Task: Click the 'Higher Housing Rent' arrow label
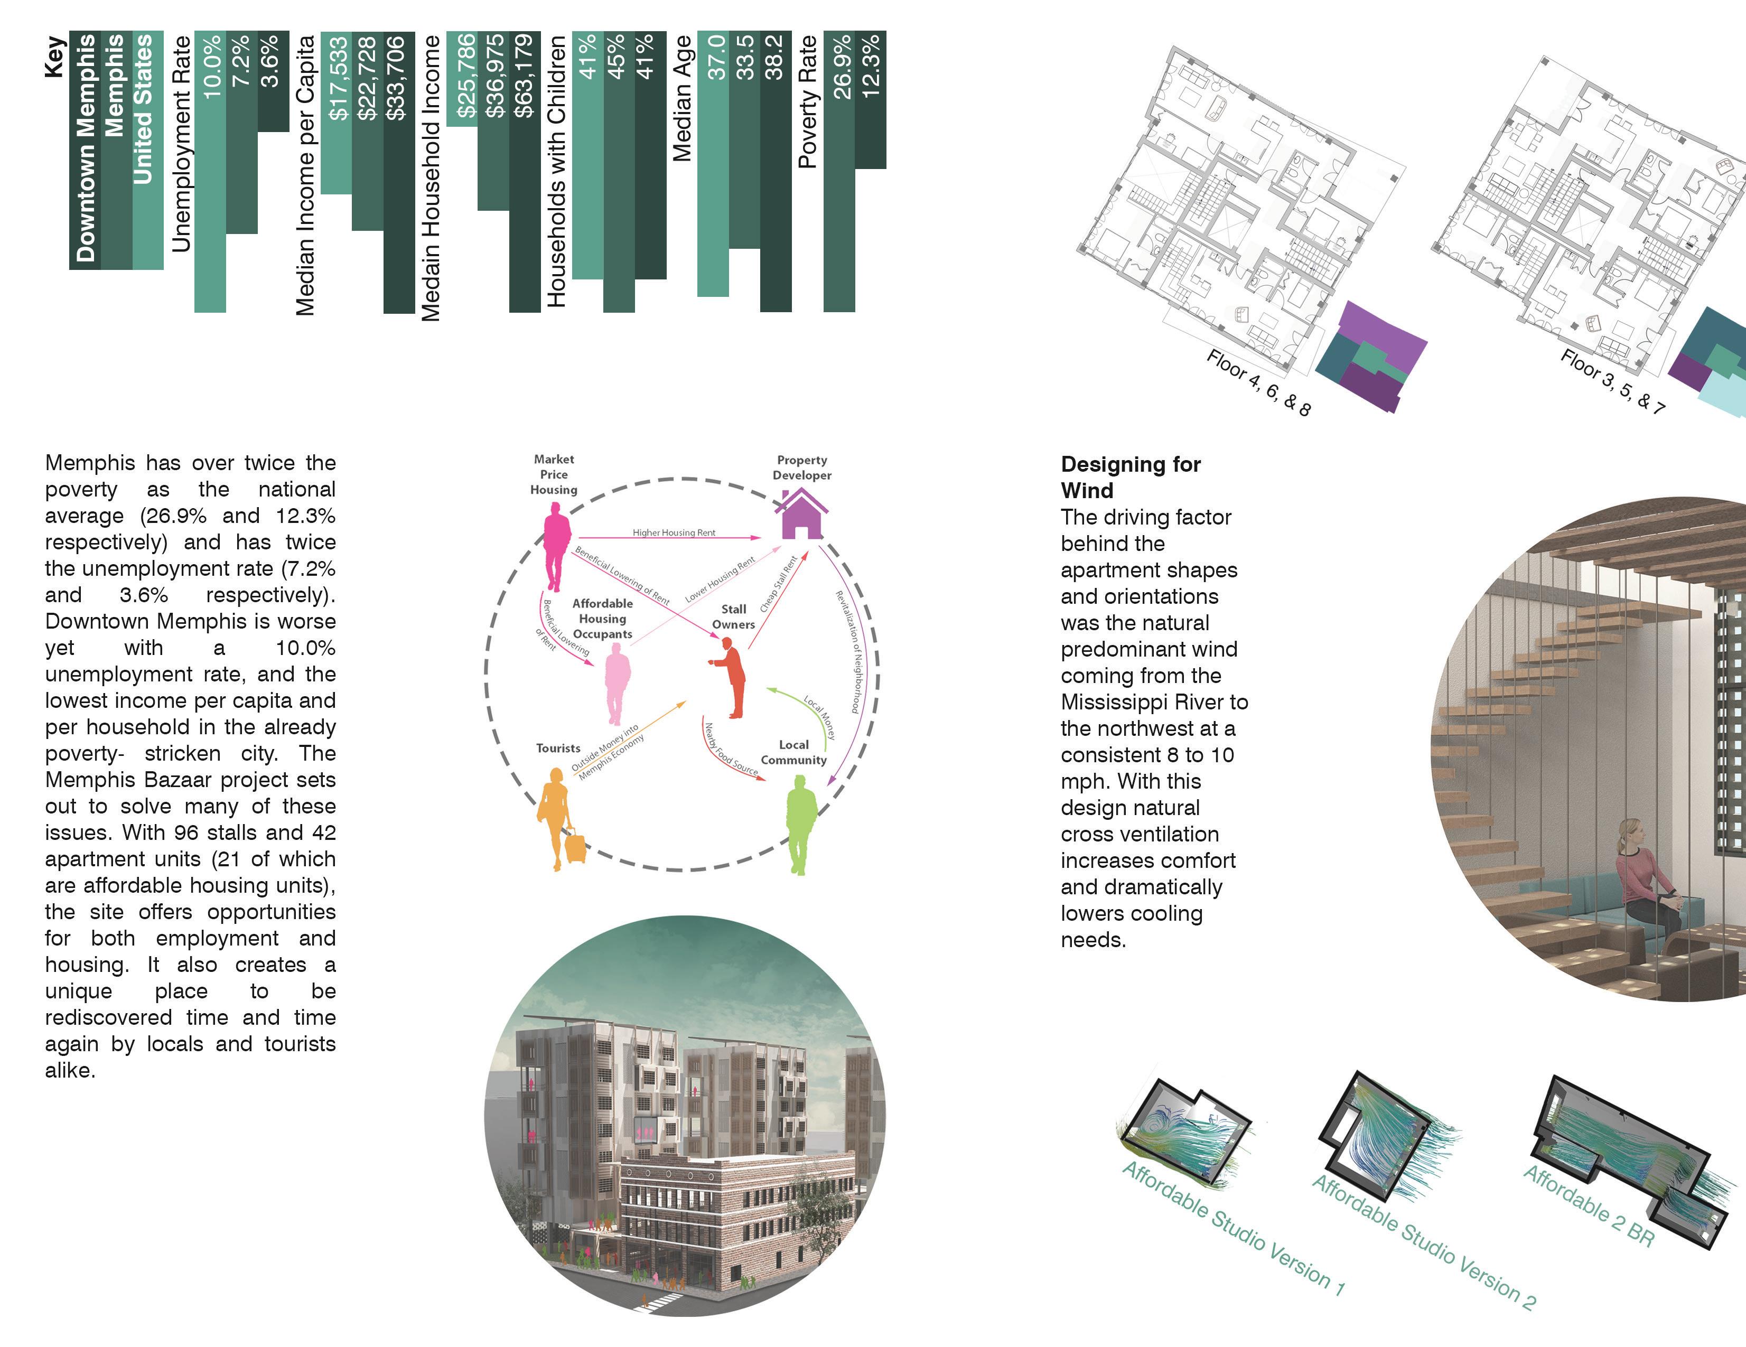pyautogui.click(x=674, y=532)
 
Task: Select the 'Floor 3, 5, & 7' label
pyautogui.click(x=1612, y=381)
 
